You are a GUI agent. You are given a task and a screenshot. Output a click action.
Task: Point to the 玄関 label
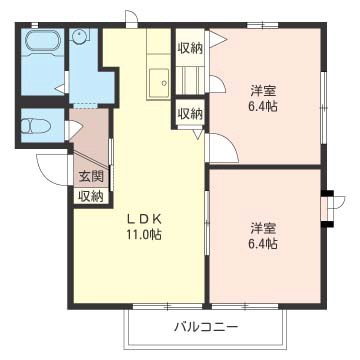click(90, 177)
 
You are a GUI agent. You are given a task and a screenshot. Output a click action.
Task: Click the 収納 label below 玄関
click(90, 196)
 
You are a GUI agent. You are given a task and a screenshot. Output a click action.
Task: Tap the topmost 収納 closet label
click(189, 47)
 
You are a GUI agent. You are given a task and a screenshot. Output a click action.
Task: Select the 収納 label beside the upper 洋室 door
click(189, 113)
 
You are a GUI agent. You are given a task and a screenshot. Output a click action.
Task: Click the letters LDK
click(144, 218)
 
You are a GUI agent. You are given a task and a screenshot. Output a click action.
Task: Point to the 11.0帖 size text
click(144, 235)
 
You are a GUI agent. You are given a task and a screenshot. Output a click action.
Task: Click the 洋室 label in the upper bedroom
click(264, 91)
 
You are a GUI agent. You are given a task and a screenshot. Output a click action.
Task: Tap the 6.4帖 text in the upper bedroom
click(264, 107)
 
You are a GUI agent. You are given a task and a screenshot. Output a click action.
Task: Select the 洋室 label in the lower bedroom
click(264, 226)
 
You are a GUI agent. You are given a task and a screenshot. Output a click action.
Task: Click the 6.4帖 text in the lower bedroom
click(264, 243)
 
